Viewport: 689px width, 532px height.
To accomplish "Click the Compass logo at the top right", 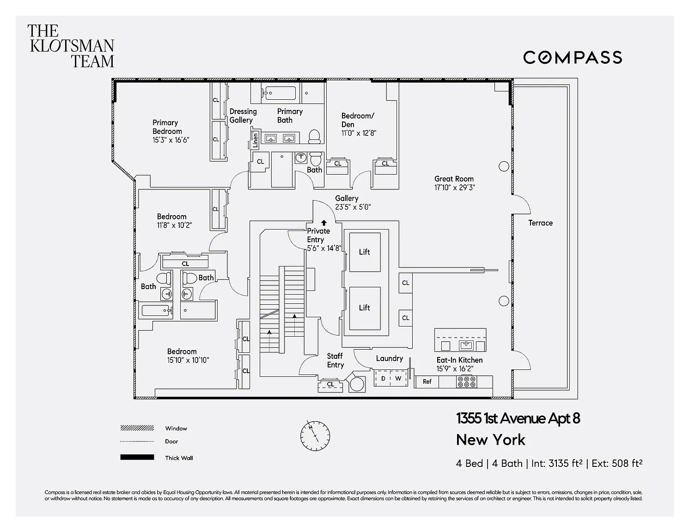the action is tap(572, 58).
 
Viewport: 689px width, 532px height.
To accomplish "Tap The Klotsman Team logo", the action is tap(71, 46).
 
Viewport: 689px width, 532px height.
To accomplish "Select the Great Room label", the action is tap(454, 179).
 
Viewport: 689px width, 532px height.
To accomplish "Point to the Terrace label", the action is tap(540, 223).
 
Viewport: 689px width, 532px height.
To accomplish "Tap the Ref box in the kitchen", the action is tap(427, 382).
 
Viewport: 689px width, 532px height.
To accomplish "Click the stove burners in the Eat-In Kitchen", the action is tap(466, 382).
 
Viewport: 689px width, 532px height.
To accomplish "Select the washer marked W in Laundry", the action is tap(398, 378).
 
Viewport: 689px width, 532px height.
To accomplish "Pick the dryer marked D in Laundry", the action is tap(383, 378).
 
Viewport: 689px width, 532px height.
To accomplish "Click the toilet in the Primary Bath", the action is tap(315, 137).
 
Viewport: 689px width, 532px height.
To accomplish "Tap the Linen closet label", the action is tap(255, 140).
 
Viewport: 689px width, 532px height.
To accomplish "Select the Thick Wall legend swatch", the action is tap(137, 457).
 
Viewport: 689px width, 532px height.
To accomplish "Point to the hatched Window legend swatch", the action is tap(137, 428).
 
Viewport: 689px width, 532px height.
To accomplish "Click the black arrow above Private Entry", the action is tap(324, 223).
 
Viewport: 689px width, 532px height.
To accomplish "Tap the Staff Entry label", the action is tap(335, 360).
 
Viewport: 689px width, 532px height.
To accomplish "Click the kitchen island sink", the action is tap(466, 345).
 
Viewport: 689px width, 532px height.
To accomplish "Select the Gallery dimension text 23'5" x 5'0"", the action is tap(353, 207).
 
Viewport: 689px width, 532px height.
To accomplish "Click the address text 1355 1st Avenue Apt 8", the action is tap(518, 418).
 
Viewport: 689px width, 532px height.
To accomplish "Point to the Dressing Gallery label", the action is tap(243, 115).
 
